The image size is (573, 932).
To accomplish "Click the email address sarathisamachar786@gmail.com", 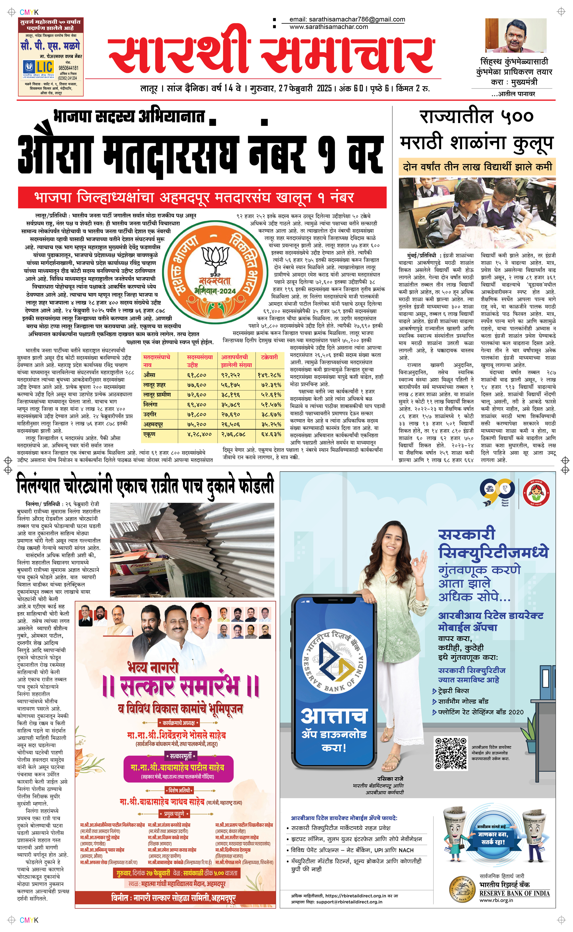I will tap(347, 19).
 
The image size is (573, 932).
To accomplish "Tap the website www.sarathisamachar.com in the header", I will tap(329, 27).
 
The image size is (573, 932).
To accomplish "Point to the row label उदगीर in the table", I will tap(150, 415).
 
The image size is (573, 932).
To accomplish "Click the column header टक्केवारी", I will tap(269, 357).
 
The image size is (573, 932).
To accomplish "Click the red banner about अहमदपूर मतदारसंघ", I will tap(202, 197).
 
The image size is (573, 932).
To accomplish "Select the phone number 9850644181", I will tap(68, 68).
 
